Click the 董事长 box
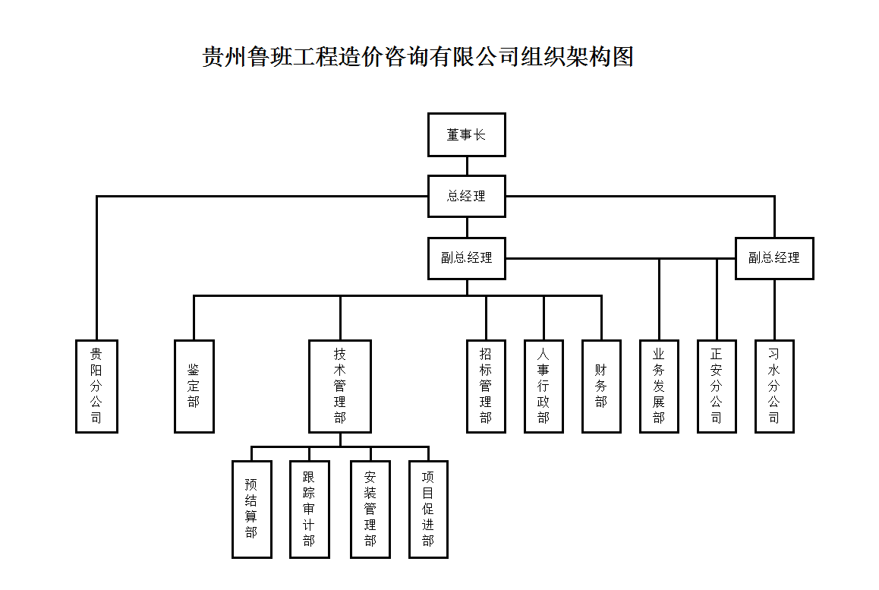tap(466, 135)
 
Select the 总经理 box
tap(466, 196)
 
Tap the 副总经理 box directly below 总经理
tap(466, 258)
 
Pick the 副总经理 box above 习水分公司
tap(774, 258)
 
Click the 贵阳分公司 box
tap(96, 386)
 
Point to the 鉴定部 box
tap(194, 386)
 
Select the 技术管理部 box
tap(340, 386)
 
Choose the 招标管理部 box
tap(486, 386)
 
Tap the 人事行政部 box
tap(543, 386)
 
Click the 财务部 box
tap(601, 386)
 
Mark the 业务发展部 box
tap(659, 386)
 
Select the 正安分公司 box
tap(717, 386)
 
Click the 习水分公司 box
tap(774, 386)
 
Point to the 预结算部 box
tap(251, 509)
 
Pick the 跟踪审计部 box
tap(309, 509)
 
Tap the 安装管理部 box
tap(370, 509)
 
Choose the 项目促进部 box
tap(428, 509)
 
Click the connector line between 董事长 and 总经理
tap(466, 166)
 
